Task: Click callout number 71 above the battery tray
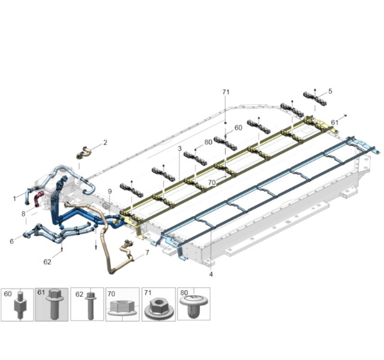pyautogui.click(x=225, y=92)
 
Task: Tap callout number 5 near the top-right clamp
pyautogui.click(x=330, y=91)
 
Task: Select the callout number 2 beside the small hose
pyautogui.click(x=105, y=142)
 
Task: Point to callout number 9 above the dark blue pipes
pyautogui.click(x=110, y=191)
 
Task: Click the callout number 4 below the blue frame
pyautogui.click(x=211, y=274)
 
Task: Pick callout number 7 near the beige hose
pyautogui.click(x=147, y=252)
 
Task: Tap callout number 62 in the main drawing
pyautogui.click(x=47, y=262)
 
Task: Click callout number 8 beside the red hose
pyautogui.click(x=23, y=214)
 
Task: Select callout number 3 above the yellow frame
pyautogui.click(x=180, y=149)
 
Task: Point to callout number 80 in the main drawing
pyautogui.click(x=208, y=142)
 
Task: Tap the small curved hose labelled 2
pyautogui.click(x=84, y=152)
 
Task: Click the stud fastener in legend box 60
pyautogui.click(x=19, y=304)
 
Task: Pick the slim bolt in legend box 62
pyautogui.click(x=91, y=306)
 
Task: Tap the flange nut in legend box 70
pyautogui.click(x=122, y=308)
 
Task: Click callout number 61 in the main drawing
pyautogui.click(x=334, y=123)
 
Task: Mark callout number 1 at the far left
pyautogui.click(x=14, y=199)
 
